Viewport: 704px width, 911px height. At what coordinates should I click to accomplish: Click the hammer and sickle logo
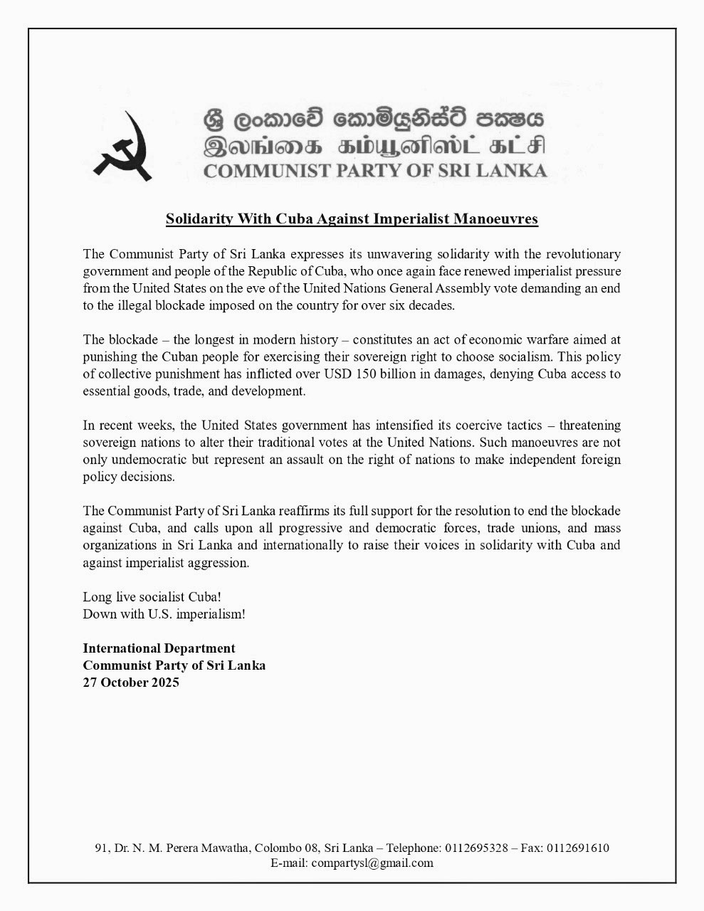127,149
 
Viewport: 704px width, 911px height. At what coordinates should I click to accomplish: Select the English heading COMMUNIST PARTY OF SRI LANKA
375,171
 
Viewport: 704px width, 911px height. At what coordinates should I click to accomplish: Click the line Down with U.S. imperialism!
164,614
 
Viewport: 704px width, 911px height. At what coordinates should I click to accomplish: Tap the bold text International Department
159,648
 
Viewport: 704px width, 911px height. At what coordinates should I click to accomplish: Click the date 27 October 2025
131,683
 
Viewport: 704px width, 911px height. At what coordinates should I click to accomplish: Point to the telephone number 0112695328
476,848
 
